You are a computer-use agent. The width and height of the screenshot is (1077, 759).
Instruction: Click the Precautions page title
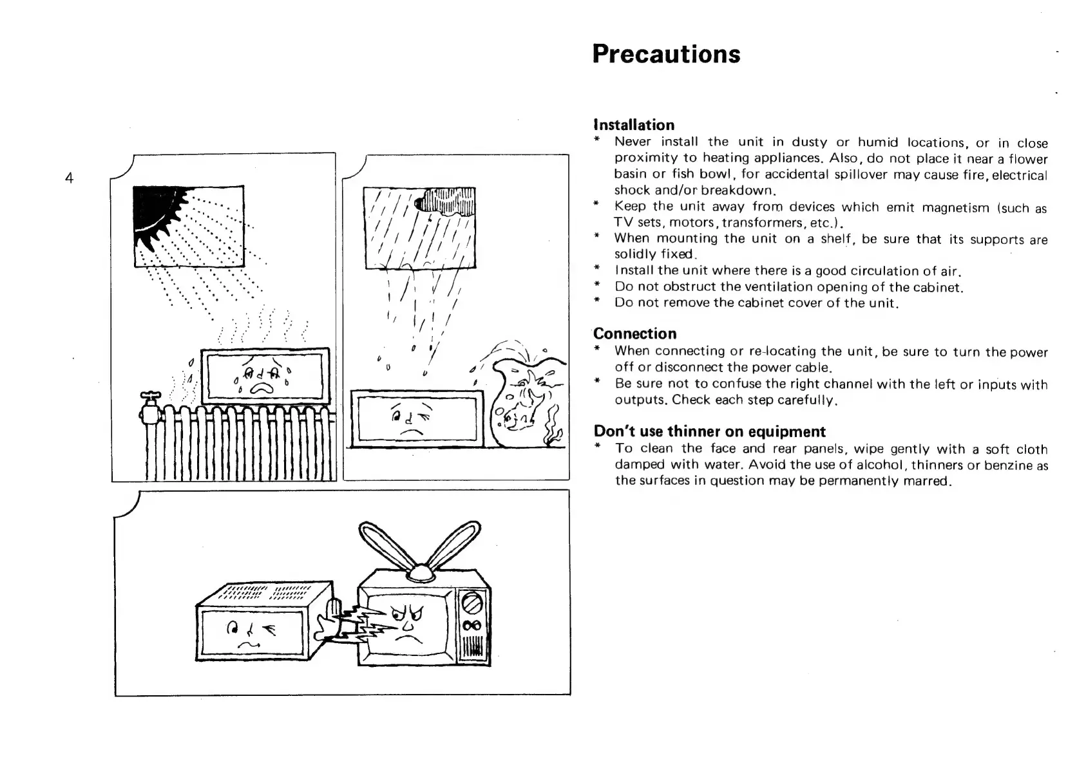coord(666,54)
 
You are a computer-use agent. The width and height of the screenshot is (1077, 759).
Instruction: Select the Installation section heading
coord(634,125)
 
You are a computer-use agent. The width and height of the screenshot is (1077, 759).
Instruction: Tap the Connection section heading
coord(634,333)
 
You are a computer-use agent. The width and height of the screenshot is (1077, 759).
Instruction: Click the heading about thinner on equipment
coord(709,431)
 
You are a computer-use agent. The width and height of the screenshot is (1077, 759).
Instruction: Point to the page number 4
coord(69,178)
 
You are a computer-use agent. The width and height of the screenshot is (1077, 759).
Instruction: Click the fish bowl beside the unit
coord(525,402)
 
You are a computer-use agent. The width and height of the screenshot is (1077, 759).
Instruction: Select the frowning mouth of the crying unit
coord(262,387)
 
